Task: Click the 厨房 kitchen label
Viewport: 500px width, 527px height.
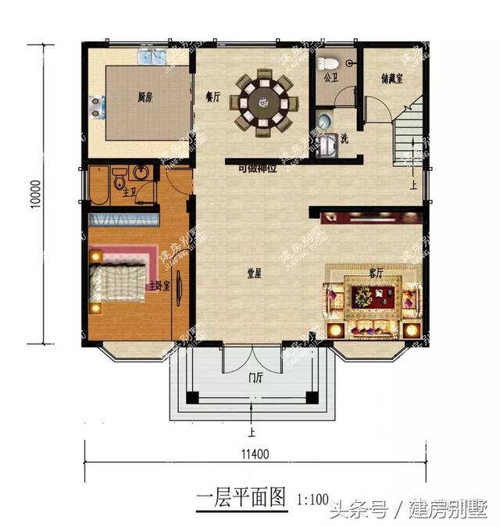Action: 144,98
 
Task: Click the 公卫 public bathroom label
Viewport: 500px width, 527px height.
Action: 330,77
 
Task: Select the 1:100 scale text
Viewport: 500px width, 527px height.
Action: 313,500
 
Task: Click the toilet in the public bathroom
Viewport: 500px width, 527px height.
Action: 330,62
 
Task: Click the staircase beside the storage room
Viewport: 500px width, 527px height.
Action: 409,141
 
